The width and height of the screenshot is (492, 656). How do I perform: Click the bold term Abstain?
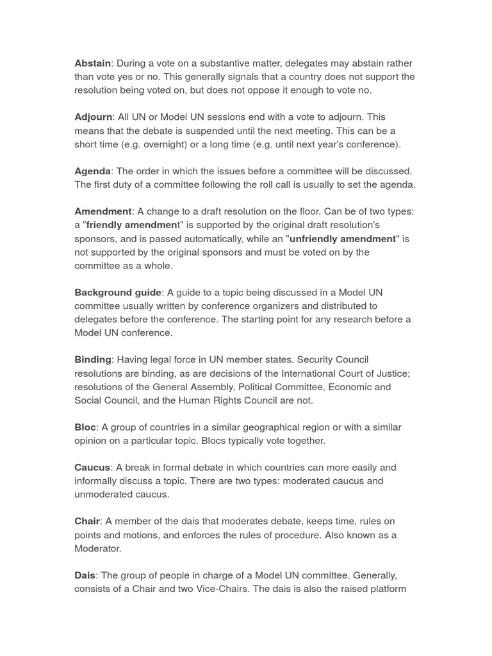[x=93, y=63]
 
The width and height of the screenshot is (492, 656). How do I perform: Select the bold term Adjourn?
[x=94, y=117]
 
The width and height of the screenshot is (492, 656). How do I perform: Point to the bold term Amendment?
[x=103, y=211]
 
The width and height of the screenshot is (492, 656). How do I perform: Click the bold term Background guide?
[x=118, y=293]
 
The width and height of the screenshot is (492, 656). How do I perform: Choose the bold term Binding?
[x=93, y=360]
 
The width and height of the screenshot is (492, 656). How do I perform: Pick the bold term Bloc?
[x=85, y=427]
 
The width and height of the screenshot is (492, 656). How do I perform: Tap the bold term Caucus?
[x=92, y=468]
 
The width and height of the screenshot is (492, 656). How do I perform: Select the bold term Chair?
[x=87, y=521]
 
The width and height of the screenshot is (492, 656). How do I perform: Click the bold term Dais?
[x=85, y=575]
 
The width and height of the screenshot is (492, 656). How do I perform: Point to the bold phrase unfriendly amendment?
[x=343, y=239]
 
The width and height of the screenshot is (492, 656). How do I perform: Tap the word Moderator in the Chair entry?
[x=97, y=548]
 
